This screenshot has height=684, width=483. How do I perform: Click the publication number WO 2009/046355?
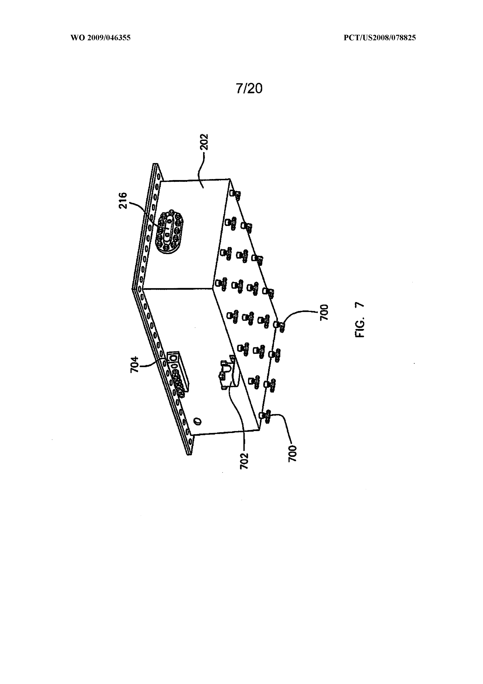pyautogui.click(x=101, y=38)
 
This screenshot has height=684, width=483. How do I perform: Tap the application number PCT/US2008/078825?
pyautogui.click(x=380, y=38)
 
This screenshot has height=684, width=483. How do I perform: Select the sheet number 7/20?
pyautogui.click(x=249, y=89)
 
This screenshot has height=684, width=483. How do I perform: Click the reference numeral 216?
pyautogui.click(x=123, y=201)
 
